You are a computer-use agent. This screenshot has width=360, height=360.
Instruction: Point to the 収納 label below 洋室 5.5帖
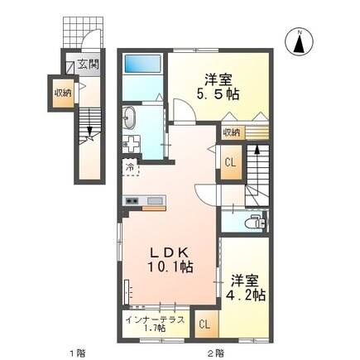[231, 132]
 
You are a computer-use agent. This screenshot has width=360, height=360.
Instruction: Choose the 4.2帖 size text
[246, 294]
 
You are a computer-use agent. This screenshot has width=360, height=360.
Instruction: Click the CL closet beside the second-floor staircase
[232, 163]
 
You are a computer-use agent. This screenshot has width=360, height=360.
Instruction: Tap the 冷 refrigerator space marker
[130, 168]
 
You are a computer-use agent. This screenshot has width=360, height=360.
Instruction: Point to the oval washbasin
[131, 118]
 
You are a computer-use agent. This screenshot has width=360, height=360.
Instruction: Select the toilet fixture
[257, 222]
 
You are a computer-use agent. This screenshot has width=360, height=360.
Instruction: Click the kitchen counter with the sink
[144, 201]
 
